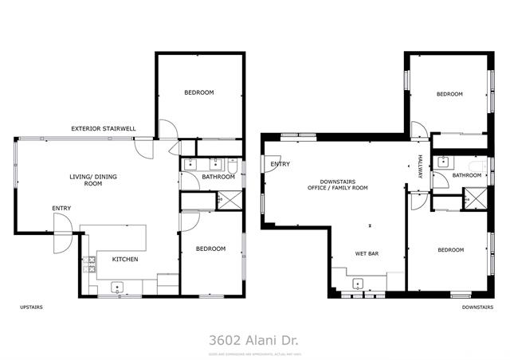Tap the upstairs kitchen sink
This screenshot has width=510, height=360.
(x=117, y=288)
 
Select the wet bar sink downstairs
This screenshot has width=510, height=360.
(x=358, y=284)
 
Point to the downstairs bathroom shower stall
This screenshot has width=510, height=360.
(x=475, y=198)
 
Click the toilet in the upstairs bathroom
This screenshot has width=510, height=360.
(x=231, y=166)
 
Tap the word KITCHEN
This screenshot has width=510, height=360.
(x=125, y=260)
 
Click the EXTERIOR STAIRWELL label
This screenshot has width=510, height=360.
(x=104, y=128)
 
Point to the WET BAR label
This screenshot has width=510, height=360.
(x=367, y=255)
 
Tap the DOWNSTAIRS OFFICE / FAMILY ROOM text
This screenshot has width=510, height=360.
(x=343, y=184)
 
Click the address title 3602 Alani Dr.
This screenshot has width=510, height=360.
(x=254, y=338)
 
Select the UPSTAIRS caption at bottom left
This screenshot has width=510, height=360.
(x=31, y=307)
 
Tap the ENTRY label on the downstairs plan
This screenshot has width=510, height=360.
(x=280, y=165)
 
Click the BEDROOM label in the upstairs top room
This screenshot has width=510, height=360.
(x=198, y=93)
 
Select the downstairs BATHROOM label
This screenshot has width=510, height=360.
(x=467, y=175)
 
